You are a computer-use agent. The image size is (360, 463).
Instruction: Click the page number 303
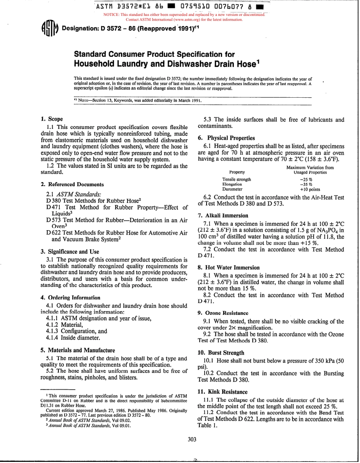pos(192,439)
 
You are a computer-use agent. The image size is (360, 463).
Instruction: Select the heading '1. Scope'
pos(52,119)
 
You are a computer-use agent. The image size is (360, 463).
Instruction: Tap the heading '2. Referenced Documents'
pos(72,185)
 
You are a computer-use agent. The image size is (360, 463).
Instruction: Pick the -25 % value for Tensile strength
pos(306,179)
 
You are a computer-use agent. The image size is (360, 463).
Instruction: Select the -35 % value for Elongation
pos(306,184)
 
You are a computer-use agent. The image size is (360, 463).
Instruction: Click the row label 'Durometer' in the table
pos(232,189)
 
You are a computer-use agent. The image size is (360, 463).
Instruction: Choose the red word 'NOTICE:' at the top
pos(111,15)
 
